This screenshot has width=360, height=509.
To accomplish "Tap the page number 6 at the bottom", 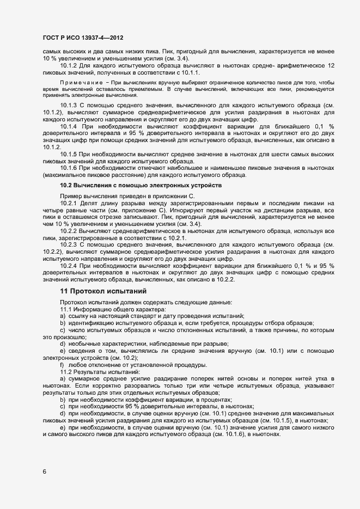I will click(x=44, y=471).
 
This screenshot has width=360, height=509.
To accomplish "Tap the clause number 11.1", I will click(x=65, y=310).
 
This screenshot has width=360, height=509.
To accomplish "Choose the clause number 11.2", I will click(x=65, y=372).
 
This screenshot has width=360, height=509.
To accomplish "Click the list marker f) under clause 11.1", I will click(x=63, y=365).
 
